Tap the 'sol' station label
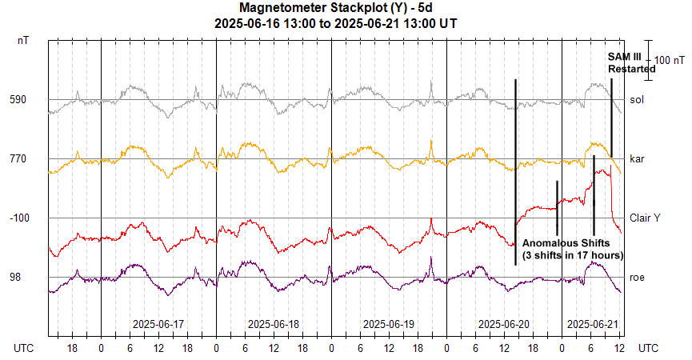637,100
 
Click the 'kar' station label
637,159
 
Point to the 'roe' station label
637,277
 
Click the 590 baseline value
18,100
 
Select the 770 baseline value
18,159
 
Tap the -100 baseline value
18,218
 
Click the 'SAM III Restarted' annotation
630,63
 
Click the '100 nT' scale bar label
670,60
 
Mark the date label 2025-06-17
158,324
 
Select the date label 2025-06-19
389,324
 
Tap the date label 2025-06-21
593,324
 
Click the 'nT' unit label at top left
23,39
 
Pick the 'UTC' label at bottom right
649,349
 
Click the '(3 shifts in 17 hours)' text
573,254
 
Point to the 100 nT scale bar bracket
650,60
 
